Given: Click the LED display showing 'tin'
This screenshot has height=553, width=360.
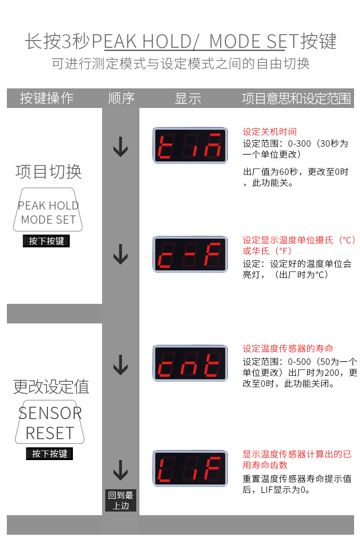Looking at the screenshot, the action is (190, 145).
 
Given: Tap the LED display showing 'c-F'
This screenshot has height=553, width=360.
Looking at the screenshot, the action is (190, 254).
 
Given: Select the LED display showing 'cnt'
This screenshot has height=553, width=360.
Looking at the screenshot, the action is (190, 363).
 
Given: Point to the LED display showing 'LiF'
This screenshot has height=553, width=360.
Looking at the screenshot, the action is (190, 468).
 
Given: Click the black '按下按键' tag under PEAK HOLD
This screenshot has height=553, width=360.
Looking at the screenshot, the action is (46, 241).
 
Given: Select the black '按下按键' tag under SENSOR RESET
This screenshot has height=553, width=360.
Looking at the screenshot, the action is (49, 454).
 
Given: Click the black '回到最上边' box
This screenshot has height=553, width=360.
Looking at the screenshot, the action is (120, 501).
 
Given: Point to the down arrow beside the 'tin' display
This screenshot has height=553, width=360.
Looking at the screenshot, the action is (120, 147).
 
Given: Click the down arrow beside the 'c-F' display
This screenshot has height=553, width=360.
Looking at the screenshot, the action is (120, 254).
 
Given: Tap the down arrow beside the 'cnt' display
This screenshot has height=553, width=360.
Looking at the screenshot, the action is (120, 365).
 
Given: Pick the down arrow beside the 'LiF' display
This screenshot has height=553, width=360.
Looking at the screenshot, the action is (120, 470).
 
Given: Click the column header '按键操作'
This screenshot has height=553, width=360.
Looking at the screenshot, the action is (46, 98).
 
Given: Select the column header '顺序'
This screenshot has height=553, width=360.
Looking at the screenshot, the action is (122, 98).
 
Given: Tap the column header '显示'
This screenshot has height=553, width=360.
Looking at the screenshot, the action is (188, 98).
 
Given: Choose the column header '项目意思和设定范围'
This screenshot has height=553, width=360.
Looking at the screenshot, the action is (296, 98).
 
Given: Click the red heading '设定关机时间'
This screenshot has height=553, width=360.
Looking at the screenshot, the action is (270, 132).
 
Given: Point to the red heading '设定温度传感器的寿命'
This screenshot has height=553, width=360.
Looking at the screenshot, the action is (288, 348).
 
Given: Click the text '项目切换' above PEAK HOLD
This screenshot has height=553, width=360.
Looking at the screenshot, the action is (48, 172).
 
